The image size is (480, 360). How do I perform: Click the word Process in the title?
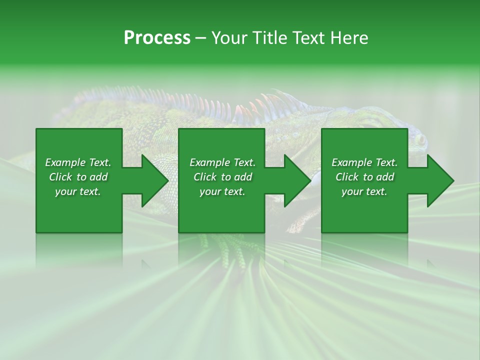[x=157, y=38]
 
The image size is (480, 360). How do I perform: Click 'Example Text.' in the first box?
[x=78, y=162]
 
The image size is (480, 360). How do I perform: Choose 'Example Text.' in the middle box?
[x=222, y=162]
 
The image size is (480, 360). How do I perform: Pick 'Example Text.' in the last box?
[x=364, y=162]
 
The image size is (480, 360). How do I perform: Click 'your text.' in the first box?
[x=78, y=191]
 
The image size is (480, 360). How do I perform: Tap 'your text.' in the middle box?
[x=222, y=191]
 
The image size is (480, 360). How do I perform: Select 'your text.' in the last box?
[x=364, y=191]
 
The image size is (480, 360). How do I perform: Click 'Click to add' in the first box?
[x=78, y=177]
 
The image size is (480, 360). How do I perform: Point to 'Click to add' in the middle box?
[x=222, y=177]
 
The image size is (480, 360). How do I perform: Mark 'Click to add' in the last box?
[x=364, y=177]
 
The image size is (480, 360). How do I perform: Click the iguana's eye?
[x=421, y=140]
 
